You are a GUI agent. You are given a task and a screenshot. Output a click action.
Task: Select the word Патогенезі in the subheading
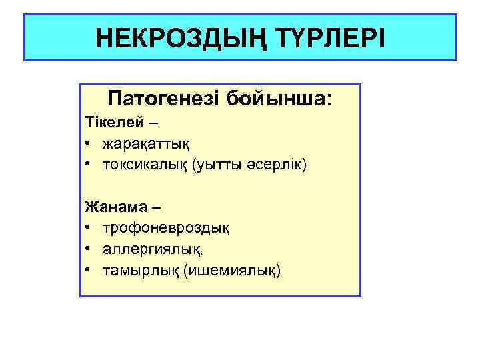click(163, 100)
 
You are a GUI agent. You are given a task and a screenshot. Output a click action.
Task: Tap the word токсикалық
click(145, 164)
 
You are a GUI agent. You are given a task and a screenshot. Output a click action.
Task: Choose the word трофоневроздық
click(166, 229)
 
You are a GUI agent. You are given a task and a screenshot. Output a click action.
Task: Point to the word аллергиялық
click(150, 249)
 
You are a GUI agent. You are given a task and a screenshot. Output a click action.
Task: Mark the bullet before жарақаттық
click(89, 144)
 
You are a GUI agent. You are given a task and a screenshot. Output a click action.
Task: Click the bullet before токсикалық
click(89, 165)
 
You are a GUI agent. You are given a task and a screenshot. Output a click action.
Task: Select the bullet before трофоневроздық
click(89, 229)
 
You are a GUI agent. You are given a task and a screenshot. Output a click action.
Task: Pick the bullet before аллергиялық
click(89, 249)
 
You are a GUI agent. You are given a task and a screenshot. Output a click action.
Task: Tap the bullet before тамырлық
click(89, 270)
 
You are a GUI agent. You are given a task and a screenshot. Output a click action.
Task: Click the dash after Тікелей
click(154, 123)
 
